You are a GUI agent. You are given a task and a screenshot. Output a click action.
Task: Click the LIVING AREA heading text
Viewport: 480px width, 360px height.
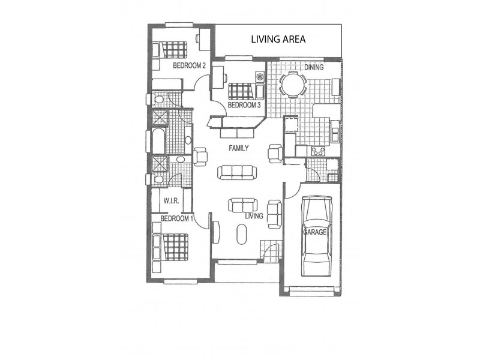278,40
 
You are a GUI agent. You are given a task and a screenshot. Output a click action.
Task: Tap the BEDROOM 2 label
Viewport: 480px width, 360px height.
190,65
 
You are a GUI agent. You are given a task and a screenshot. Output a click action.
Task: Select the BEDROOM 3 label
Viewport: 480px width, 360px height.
244,105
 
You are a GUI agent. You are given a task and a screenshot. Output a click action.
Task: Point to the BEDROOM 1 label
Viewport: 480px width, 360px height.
177,218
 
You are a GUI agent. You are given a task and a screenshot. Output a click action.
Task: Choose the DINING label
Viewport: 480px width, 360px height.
313,67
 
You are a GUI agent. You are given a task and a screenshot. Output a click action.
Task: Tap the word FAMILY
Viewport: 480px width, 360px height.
238,148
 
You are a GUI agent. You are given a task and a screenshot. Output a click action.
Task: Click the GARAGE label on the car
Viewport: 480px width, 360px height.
314,232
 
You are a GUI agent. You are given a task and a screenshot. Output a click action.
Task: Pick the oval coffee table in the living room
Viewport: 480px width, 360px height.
241,233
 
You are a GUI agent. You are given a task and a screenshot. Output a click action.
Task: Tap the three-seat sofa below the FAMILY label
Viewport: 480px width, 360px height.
236,173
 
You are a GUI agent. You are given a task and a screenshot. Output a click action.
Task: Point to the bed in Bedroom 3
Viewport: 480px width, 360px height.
241,91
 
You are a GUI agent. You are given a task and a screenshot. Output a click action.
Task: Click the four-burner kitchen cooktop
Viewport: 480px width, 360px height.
317,151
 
